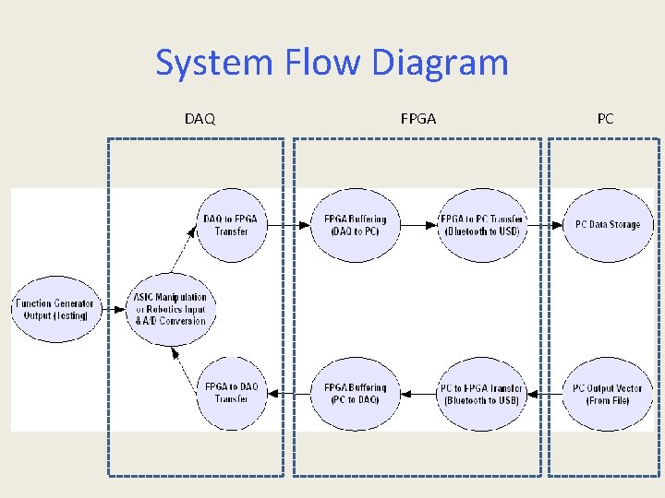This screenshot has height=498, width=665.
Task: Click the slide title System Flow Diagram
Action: pyautogui.click(x=332, y=64)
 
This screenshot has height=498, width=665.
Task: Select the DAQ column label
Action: pyautogui.click(x=199, y=119)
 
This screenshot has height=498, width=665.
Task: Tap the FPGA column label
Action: pyautogui.click(x=418, y=119)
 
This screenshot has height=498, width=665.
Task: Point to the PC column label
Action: pyautogui.click(x=605, y=119)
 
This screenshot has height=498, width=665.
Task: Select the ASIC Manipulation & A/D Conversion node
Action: pyautogui.click(x=171, y=309)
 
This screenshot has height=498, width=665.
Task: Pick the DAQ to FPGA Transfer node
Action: pyautogui.click(x=231, y=225)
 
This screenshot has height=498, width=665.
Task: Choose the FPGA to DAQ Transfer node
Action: pyautogui.click(x=231, y=394)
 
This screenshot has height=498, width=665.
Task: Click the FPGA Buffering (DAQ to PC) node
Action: pyautogui.click(x=356, y=225)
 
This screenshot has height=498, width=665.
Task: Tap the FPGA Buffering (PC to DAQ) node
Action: pyautogui.click(x=356, y=394)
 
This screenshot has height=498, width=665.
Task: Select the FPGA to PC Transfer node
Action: pyautogui.click(x=481, y=225)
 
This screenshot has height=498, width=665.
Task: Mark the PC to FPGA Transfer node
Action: pyautogui.click(x=481, y=394)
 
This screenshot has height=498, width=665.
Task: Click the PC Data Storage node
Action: pyautogui.click(x=607, y=225)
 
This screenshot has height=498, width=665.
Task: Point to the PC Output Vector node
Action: pyautogui.click(x=607, y=394)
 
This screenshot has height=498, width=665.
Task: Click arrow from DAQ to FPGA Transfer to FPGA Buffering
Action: pyautogui.click(x=288, y=225)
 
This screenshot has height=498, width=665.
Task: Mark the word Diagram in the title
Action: pyautogui.click(x=440, y=64)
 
